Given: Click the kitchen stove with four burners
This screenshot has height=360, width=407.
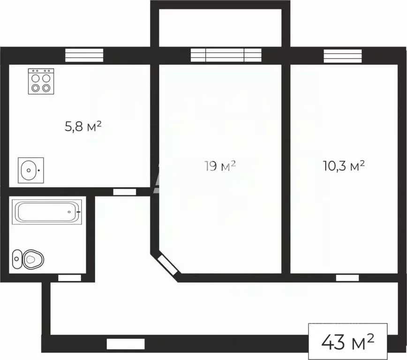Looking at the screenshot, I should (41, 81).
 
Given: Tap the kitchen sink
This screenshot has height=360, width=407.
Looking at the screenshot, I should (31, 170).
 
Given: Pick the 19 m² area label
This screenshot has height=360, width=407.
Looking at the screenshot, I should (220, 166).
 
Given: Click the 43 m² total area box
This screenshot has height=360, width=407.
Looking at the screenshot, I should (347, 339).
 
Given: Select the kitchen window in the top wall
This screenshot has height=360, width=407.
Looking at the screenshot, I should (84, 55).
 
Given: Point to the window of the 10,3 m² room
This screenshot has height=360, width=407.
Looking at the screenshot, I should (343, 55).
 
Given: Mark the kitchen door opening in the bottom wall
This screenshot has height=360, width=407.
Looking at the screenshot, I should (125, 191).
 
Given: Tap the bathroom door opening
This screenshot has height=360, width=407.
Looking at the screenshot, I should (69, 278).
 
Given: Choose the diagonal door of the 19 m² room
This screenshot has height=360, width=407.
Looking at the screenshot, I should (167, 266).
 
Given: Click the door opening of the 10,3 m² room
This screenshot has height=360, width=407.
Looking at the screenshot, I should (347, 278).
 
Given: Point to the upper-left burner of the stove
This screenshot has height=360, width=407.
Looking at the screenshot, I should (36, 77).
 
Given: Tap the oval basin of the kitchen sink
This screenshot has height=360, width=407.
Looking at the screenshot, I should (30, 170).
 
